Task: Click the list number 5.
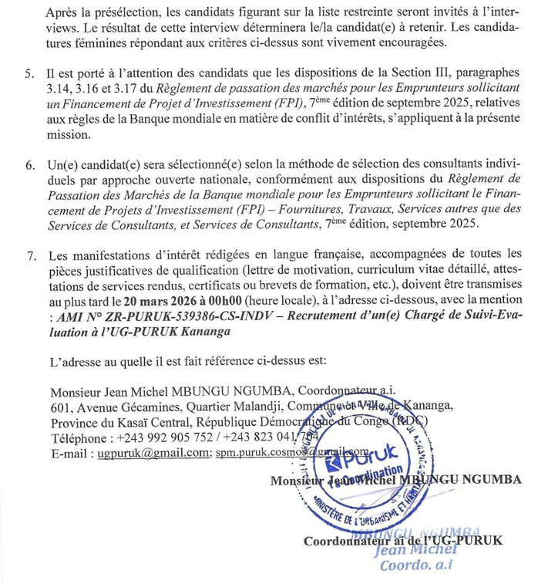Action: point(29,74)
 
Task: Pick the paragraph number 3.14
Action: point(59,89)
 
